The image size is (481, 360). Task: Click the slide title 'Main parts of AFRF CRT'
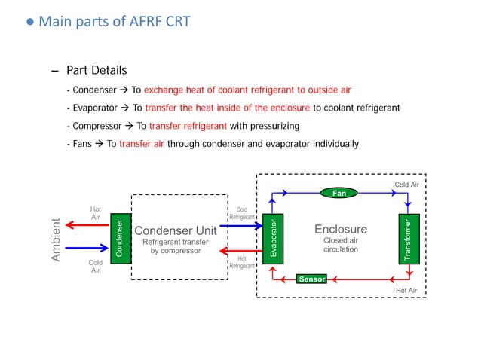coord(113,21)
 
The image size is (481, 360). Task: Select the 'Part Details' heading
coord(97,71)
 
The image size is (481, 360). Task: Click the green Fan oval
coord(340,193)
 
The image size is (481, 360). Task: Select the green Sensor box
coord(311,279)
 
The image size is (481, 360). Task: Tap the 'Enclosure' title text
coord(340,229)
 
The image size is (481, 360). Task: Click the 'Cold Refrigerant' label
coord(242,213)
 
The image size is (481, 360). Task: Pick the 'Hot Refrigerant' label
coord(242,262)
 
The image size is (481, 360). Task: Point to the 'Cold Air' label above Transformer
coord(406,184)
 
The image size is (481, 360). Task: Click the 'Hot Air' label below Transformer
coord(406,290)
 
